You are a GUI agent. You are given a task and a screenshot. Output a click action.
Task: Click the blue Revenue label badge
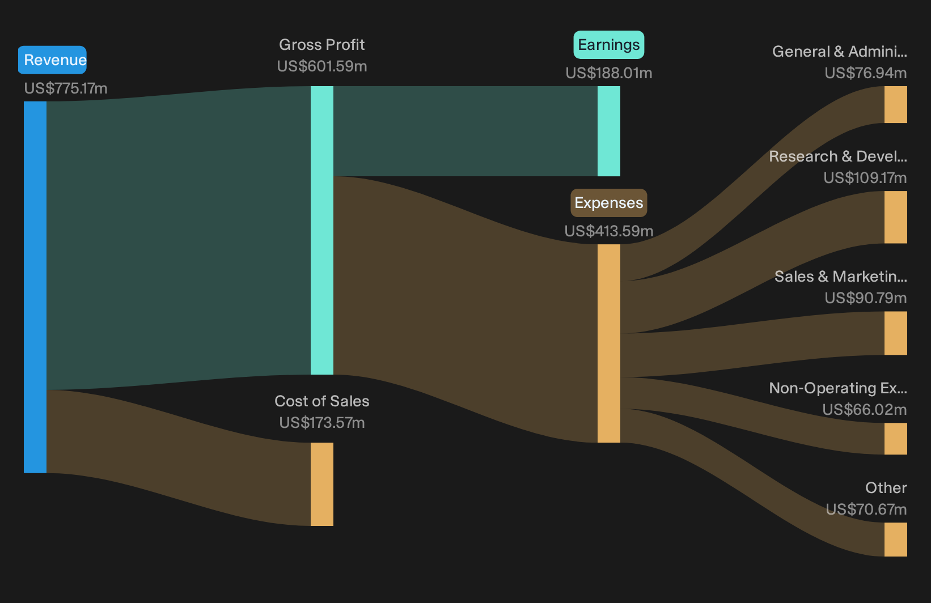click(x=52, y=60)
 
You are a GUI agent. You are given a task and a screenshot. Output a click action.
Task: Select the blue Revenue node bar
click(x=35, y=287)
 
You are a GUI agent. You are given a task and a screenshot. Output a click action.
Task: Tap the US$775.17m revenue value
click(x=66, y=88)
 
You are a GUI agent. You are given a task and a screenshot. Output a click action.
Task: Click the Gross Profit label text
click(x=321, y=45)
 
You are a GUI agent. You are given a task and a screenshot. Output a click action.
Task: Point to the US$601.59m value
click(x=321, y=66)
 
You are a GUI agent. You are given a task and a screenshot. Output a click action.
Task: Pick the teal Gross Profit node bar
click(x=322, y=230)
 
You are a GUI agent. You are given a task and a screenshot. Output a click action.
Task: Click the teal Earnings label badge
click(x=609, y=45)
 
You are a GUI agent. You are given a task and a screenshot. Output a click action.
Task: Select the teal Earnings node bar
click(x=609, y=131)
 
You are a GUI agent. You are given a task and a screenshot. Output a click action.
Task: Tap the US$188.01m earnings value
click(x=609, y=73)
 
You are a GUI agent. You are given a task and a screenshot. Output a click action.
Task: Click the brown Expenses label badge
click(x=609, y=203)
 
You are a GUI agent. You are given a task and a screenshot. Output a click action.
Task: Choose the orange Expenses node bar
click(x=609, y=343)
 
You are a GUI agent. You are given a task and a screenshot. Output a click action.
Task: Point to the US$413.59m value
click(x=609, y=231)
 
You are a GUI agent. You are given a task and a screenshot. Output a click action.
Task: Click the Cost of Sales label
click(x=321, y=401)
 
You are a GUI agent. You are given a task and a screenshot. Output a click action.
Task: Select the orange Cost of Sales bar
click(x=322, y=484)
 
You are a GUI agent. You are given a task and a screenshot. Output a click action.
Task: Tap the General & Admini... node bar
click(x=896, y=104)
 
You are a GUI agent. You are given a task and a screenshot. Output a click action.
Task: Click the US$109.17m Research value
click(x=865, y=178)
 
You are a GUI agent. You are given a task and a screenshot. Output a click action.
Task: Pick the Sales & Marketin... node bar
click(x=896, y=333)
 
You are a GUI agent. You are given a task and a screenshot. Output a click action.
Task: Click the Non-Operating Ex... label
click(x=838, y=388)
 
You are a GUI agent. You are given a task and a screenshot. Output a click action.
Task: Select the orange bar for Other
click(x=896, y=540)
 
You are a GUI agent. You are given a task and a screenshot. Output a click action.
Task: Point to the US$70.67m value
click(x=866, y=509)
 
